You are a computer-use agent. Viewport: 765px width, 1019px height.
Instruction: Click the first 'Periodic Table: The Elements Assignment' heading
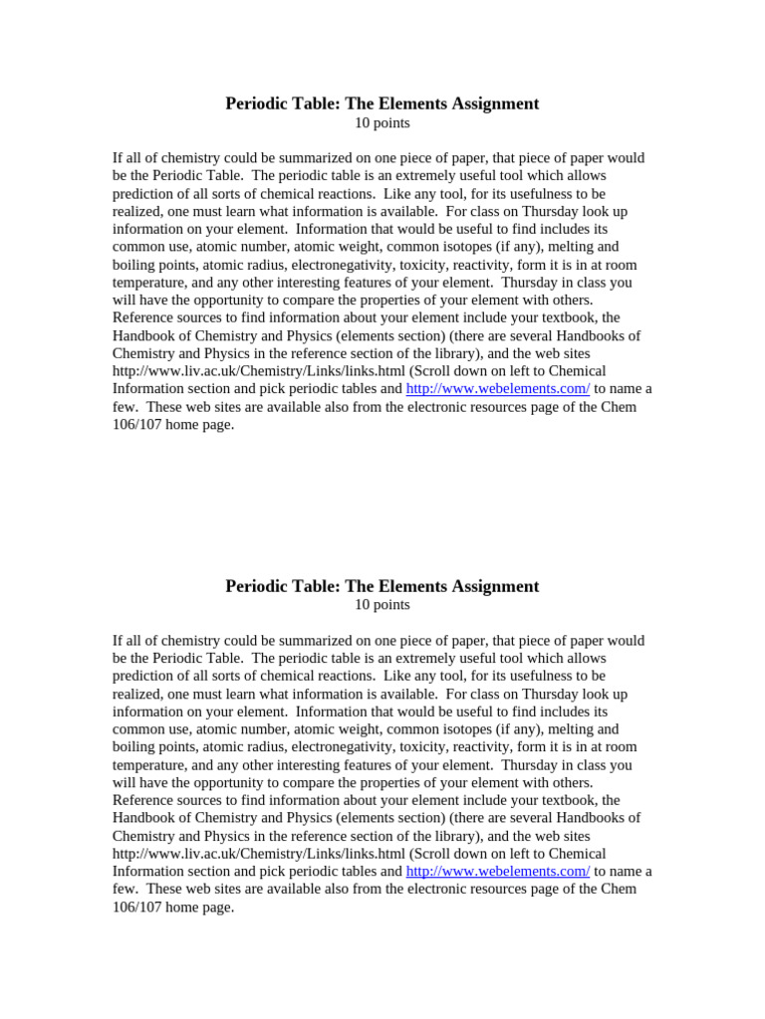pos(382,103)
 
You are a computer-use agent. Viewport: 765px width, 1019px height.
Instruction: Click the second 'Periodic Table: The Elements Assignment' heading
pos(382,586)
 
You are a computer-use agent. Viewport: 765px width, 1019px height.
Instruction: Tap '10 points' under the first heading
pos(382,123)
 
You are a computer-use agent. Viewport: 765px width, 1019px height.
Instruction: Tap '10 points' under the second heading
pos(382,605)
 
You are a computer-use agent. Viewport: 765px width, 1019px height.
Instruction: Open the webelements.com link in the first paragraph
pos(497,389)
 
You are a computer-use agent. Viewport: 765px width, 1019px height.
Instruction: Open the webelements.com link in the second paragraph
pos(497,871)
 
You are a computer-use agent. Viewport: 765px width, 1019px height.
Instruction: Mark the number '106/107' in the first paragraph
pos(136,425)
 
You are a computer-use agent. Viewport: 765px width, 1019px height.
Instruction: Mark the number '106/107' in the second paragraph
pos(136,907)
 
